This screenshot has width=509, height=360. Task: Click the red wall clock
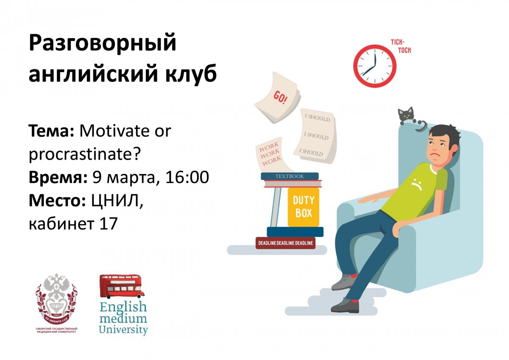[375, 66]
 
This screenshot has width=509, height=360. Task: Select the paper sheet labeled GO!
[277, 98]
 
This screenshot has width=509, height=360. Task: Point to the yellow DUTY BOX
[303, 207]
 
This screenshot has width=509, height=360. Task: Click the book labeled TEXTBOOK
[290, 176]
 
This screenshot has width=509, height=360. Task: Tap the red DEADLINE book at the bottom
[285, 243]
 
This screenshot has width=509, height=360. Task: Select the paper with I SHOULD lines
[316, 136]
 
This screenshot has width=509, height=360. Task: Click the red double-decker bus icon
[122, 286]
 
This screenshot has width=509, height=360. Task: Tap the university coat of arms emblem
[56, 298]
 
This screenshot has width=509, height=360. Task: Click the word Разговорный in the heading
[102, 44]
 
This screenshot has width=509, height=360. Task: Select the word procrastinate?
[84, 154]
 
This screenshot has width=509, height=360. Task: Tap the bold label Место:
[58, 201]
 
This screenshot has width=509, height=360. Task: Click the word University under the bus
[124, 329]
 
